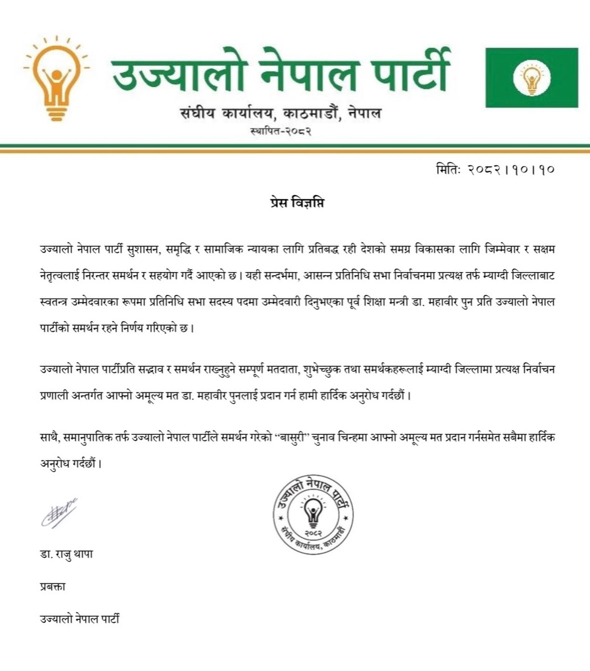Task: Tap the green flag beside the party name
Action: [x=532, y=77]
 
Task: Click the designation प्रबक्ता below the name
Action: [x=53, y=587]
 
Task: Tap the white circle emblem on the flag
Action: [x=532, y=77]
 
